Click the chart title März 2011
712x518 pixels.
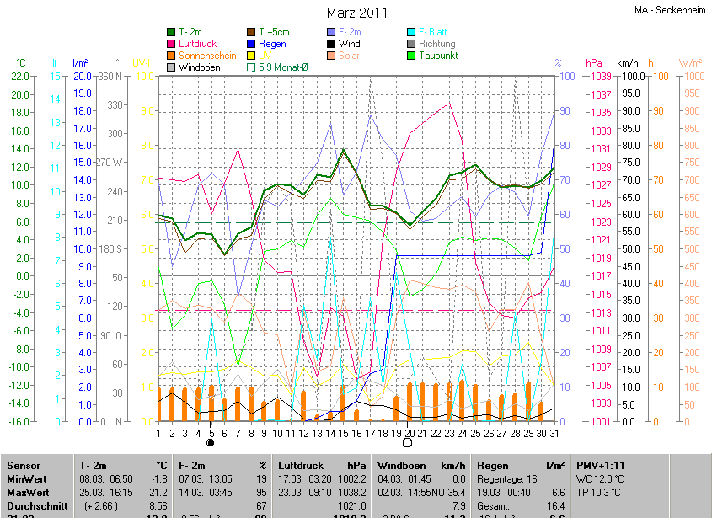(x=357, y=13)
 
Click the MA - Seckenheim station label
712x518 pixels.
(x=671, y=10)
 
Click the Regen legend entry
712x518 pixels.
(x=272, y=44)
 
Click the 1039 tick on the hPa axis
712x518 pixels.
(x=601, y=77)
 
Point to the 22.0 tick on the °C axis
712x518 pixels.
(x=20, y=77)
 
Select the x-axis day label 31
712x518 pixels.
(x=554, y=433)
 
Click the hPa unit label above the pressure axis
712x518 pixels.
(x=594, y=63)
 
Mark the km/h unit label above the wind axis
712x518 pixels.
(x=628, y=63)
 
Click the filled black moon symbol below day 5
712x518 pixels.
(x=211, y=441)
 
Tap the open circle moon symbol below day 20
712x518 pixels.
(x=409, y=441)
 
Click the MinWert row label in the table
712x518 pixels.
(x=27, y=478)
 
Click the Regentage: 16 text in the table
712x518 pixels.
(x=507, y=478)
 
